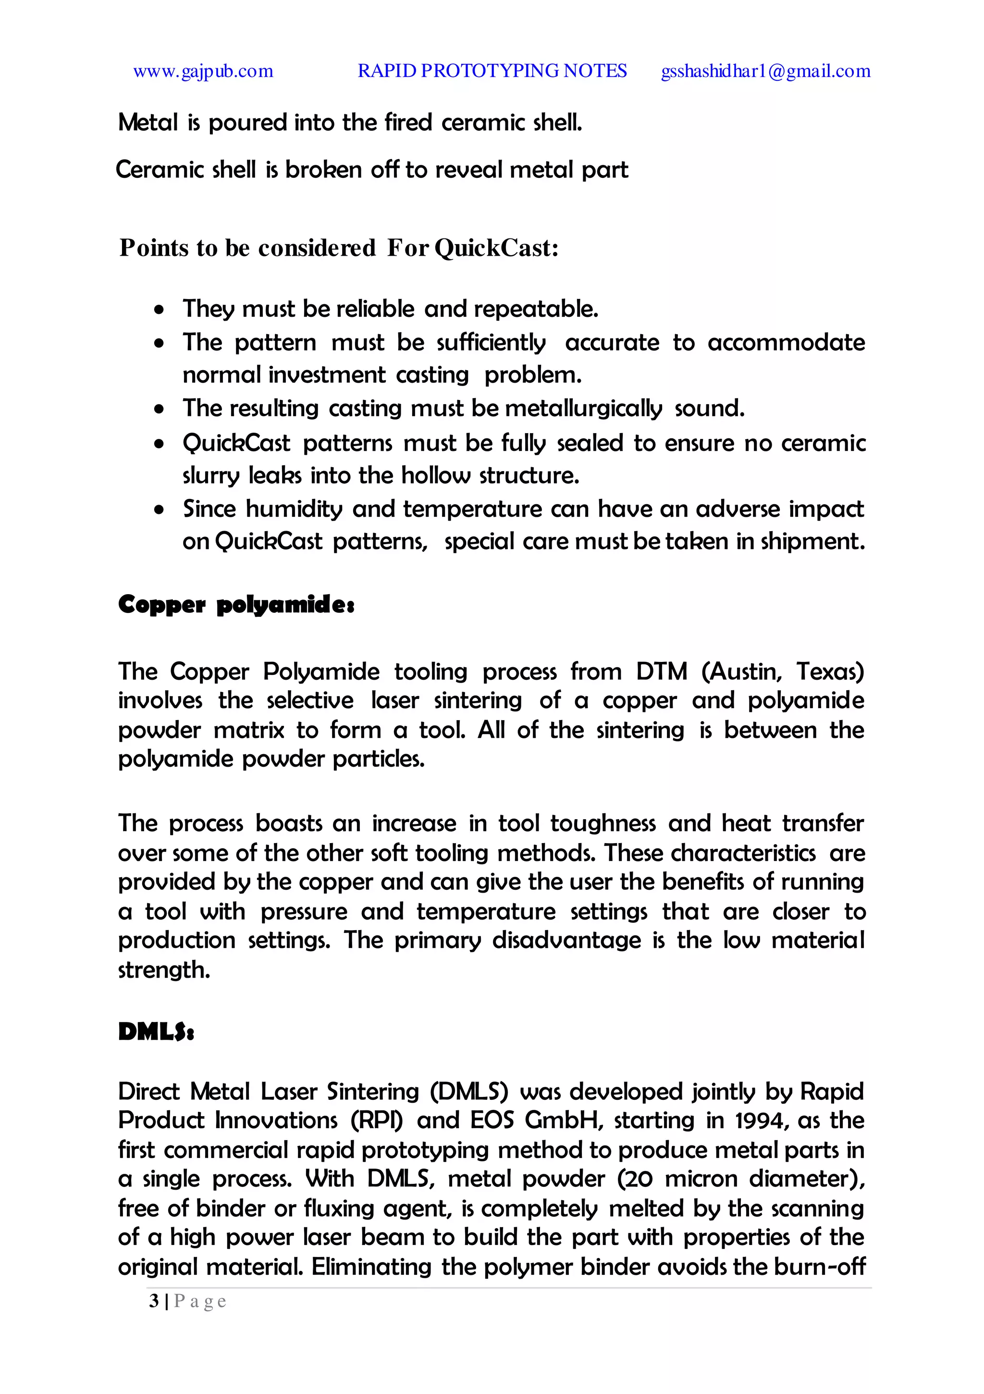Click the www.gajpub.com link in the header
pos(203,72)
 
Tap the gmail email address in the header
pos(765,72)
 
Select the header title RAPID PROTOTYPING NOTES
pos(492,71)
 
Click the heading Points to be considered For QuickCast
pos(339,248)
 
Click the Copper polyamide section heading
pos(236,605)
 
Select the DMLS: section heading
pos(156,1032)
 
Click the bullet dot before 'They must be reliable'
pos(159,310)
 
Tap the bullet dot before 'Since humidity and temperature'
pos(159,510)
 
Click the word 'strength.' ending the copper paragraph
pos(164,970)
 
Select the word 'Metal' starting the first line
pos(148,123)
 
